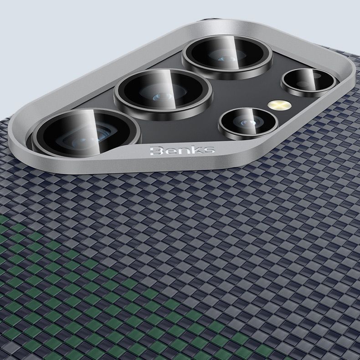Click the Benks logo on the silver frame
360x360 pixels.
point(182,150)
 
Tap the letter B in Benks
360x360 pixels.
point(156,151)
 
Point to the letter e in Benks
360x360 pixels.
point(170,152)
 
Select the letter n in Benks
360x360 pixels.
point(182,151)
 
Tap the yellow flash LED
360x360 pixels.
point(279,105)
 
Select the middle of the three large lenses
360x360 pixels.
point(163,94)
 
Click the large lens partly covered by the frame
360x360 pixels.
point(86,133)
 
